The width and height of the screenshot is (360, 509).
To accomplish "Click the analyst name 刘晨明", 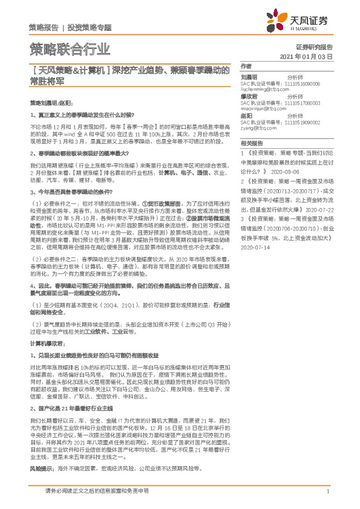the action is point(248,77).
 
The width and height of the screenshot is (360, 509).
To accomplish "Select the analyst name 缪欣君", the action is point(248,96).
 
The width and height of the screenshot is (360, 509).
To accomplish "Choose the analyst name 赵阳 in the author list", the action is point(246,117).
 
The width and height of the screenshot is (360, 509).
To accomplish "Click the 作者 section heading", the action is point(245,65).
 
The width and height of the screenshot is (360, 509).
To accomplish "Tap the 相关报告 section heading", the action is point(250,144).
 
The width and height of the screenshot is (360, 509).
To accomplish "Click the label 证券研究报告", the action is point(315,47).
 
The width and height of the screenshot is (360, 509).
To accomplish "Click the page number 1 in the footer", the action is point(327,491).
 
